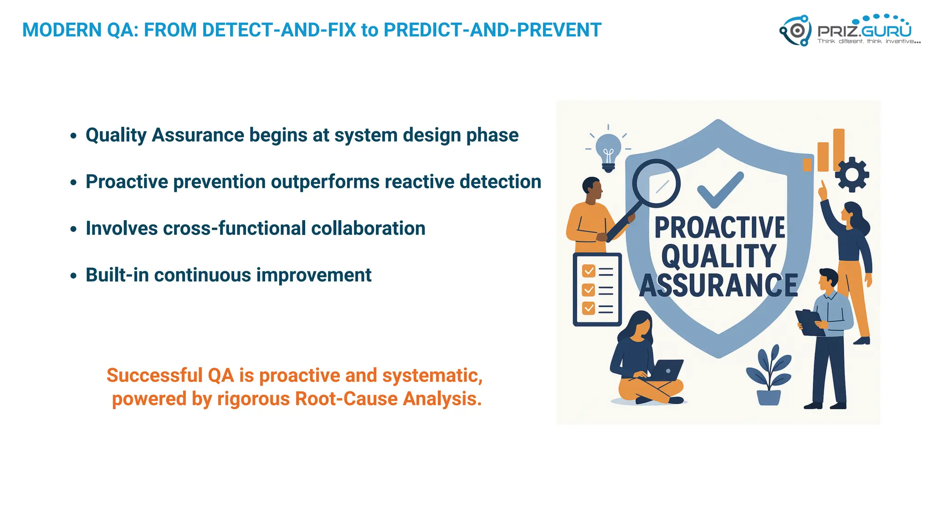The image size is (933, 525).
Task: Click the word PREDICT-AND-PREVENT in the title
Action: coord(492,30)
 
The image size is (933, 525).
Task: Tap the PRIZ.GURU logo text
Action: coord(864,31)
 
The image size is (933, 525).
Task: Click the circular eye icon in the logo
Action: coord(797,31)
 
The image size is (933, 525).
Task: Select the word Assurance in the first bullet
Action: coord(198,135)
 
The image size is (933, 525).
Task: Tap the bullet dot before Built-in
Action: coord(73,276)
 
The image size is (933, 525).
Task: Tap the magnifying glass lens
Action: coord(656,183)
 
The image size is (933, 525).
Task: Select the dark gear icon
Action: coord(851,175)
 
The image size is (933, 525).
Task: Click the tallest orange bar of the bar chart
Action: coord(839,149)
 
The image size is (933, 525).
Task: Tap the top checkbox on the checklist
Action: coord(589,271)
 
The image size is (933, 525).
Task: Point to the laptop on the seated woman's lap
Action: coord(666,370)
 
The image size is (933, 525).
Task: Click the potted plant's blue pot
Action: coord(769,397)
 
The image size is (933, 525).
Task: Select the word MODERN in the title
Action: coord(62,30)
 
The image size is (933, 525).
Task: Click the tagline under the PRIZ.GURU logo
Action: coord(868,41)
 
